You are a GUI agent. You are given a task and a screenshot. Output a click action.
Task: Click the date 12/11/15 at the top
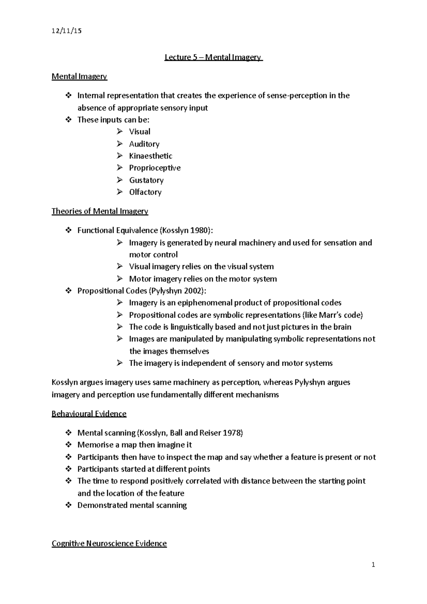67,31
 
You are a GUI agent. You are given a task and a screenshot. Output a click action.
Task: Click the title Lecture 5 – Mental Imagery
213,57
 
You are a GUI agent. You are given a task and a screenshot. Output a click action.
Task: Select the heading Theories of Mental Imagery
100,211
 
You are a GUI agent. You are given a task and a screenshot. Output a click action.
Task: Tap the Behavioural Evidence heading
89,414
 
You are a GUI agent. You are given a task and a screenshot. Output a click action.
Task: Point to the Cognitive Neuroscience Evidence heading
109,544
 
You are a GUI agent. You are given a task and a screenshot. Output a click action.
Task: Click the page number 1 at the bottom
373,565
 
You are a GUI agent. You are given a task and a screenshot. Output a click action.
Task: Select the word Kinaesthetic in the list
151,156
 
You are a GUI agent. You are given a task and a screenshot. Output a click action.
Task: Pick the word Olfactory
145,192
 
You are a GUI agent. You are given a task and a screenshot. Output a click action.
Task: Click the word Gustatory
146,180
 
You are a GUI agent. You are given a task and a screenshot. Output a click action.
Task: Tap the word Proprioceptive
155,168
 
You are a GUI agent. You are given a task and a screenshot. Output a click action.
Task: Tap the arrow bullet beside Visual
120,132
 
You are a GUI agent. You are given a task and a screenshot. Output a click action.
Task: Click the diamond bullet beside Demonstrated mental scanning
68,505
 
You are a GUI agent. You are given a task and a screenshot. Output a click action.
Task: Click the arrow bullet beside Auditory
120,144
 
